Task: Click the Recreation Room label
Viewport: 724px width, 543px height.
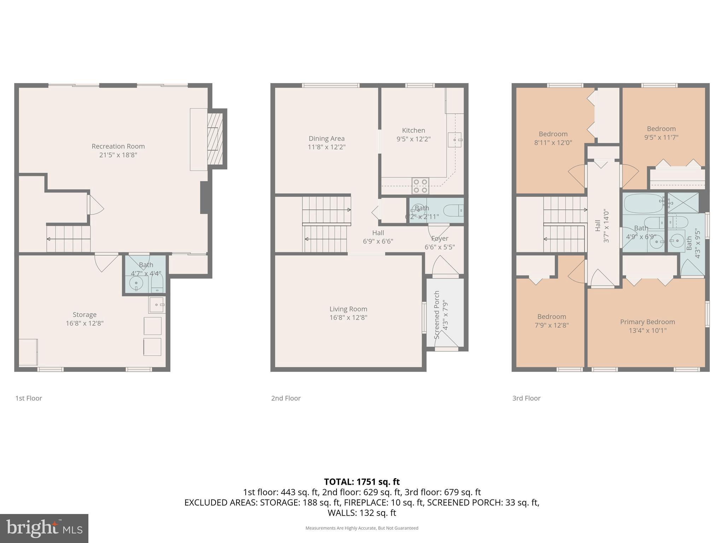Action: click(x=118, y=146)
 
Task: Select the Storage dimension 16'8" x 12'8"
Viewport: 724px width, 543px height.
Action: click(x=84, y=323)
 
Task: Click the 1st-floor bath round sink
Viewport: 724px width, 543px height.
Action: click(x=136, y=283)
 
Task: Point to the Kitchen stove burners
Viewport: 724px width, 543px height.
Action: click(x=420, y=186)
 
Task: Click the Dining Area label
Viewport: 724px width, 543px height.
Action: click(x=326, y=139)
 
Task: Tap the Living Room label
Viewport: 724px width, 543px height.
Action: click(x=348, y=309)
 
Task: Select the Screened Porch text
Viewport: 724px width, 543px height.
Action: click(x=437, y=315)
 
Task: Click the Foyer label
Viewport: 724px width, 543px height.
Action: click(x=440, y=239)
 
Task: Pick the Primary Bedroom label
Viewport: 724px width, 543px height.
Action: click(x=647, y=322)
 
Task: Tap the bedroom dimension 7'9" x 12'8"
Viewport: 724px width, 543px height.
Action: click(x=551, y=325)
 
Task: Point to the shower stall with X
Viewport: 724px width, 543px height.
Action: click(x=683, y=203)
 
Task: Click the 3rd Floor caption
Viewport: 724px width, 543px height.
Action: click(x=526, y=398)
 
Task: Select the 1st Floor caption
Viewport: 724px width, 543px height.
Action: click(x=29, y=398)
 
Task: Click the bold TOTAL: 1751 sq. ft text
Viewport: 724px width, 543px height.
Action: click(x=362, y=482)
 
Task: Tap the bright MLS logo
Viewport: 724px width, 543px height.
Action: click(x=44, y=528)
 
